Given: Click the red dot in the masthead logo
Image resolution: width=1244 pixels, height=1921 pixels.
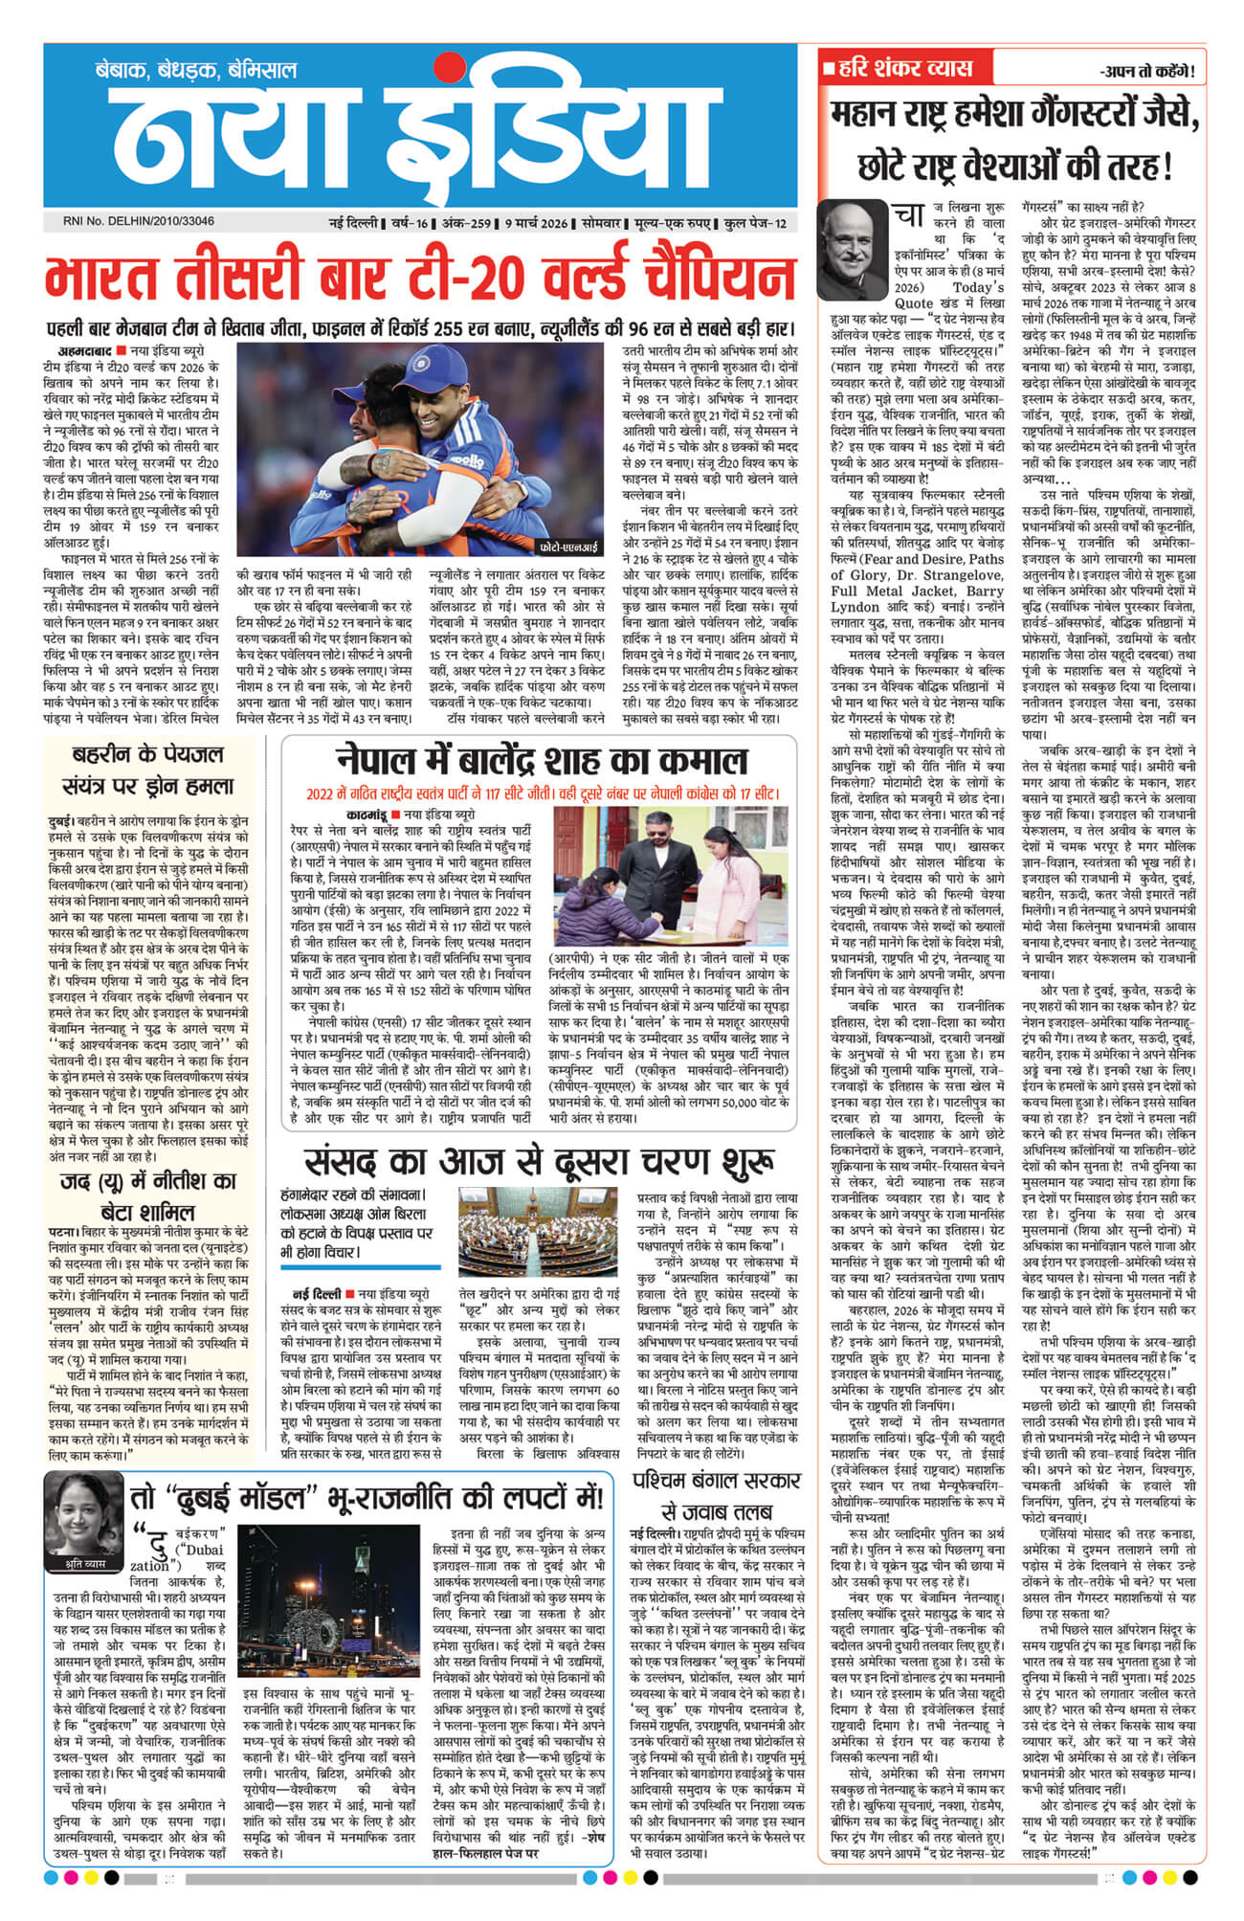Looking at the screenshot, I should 441,66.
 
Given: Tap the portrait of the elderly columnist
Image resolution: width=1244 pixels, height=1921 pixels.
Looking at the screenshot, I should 852,251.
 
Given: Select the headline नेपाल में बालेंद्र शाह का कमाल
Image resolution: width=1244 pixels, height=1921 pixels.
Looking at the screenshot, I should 541,762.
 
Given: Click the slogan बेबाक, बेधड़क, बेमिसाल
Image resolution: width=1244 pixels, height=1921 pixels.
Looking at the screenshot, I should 195,70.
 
